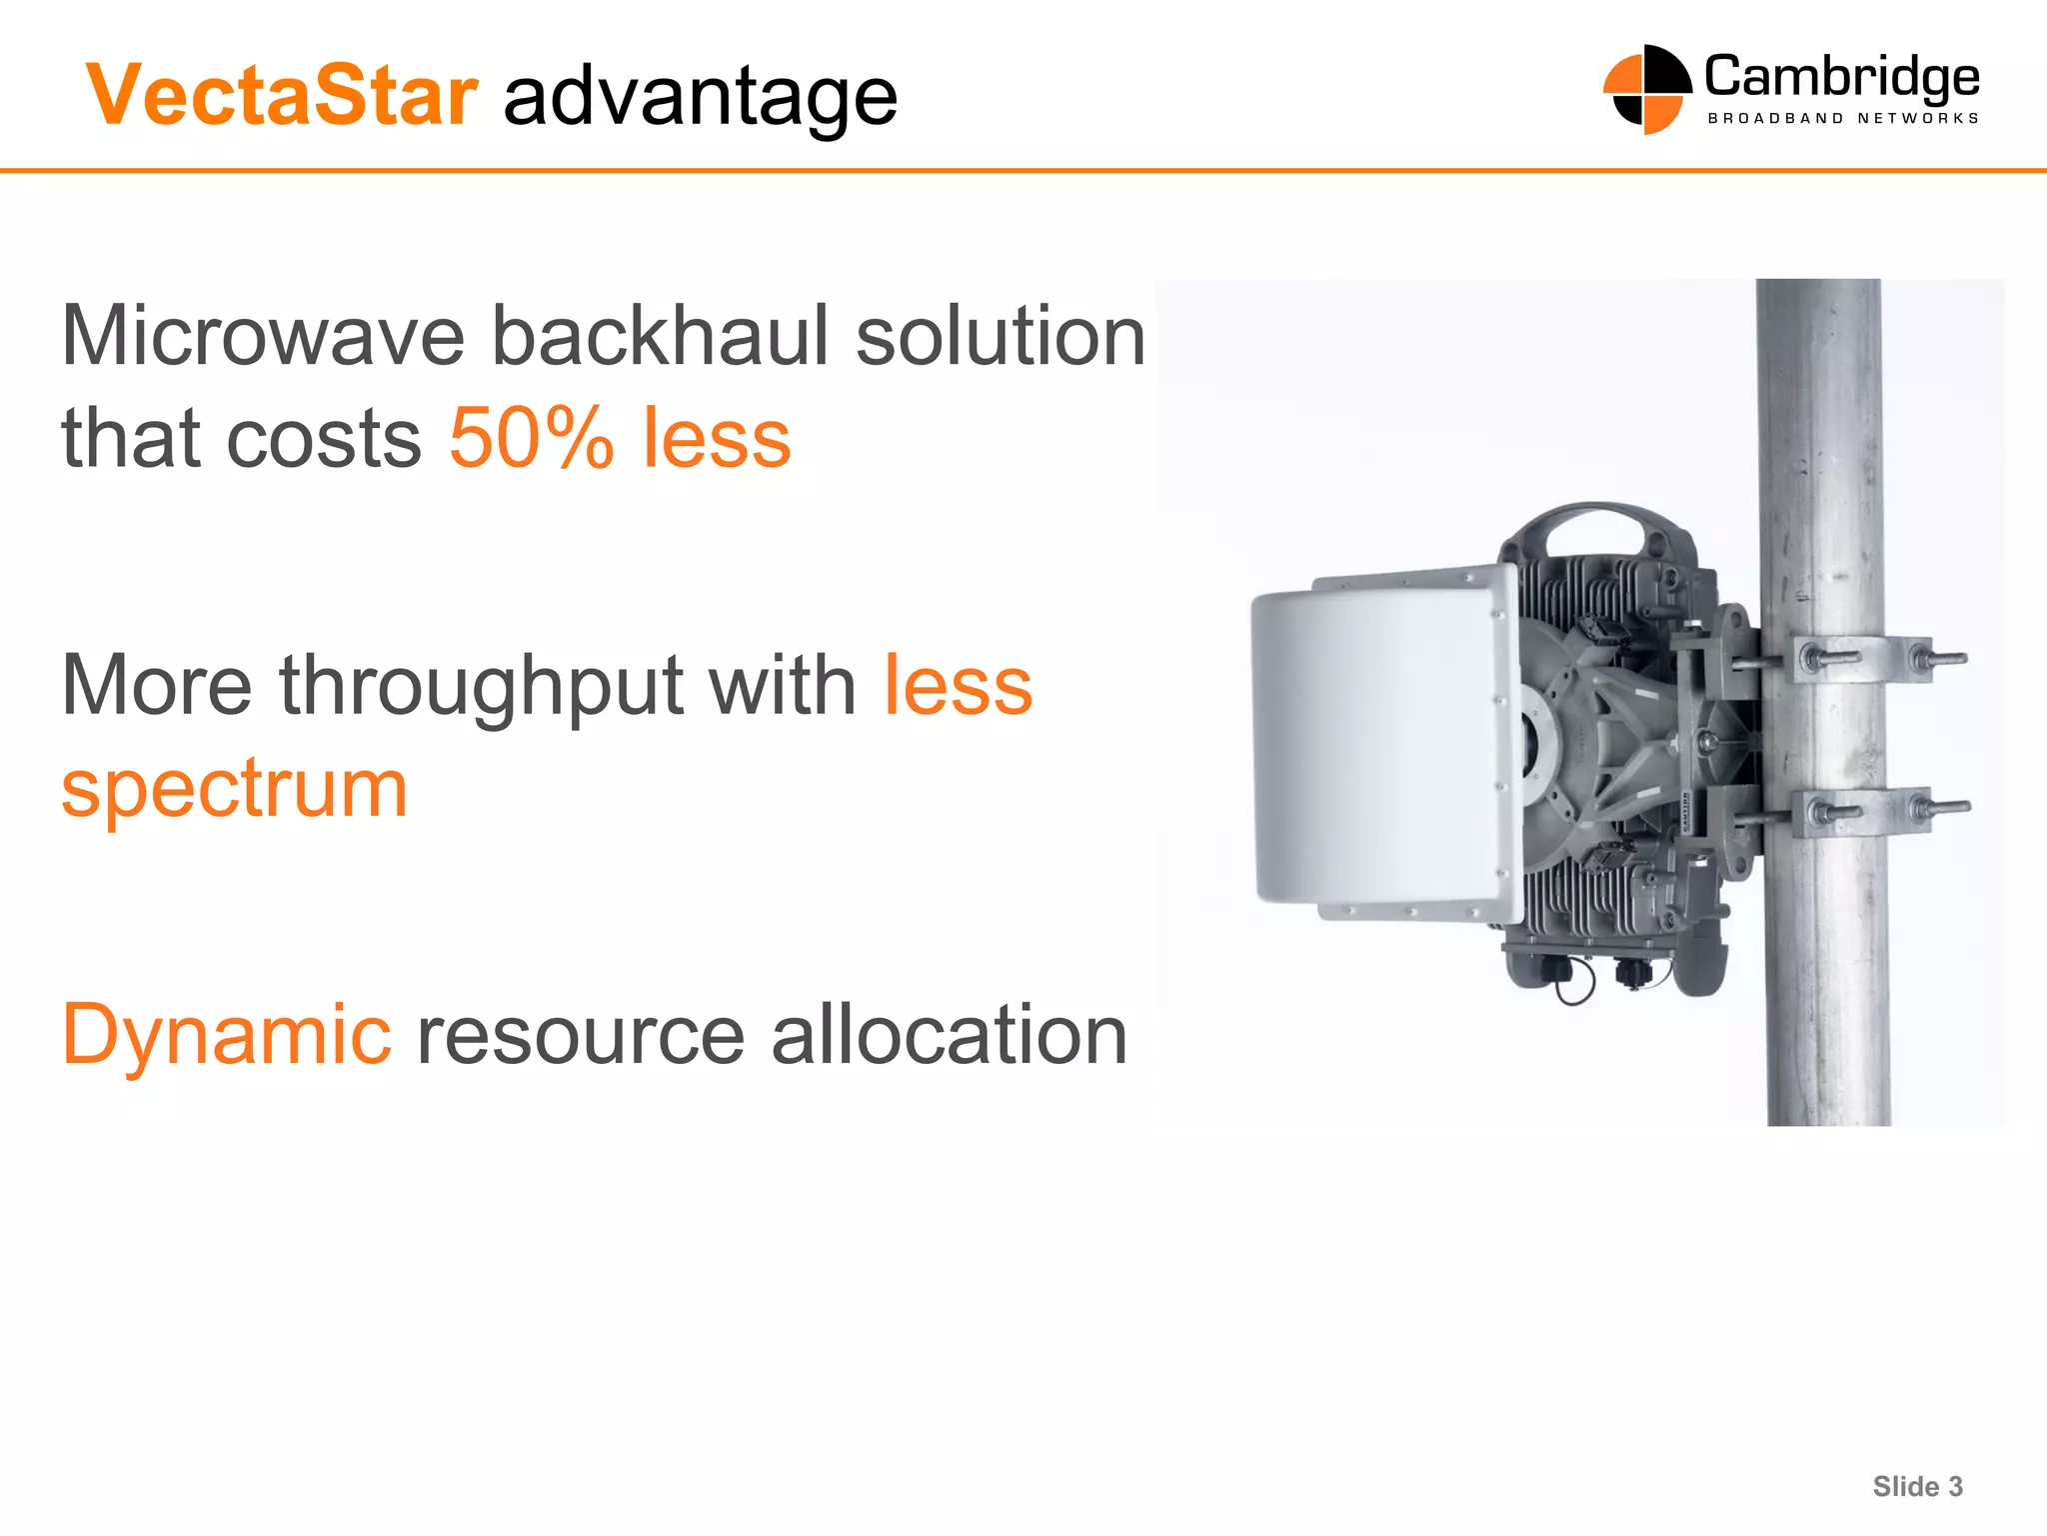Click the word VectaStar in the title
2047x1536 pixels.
(x=282, y=96)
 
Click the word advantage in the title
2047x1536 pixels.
(x=700, y=98)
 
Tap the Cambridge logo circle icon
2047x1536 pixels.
(x=1646, y=89)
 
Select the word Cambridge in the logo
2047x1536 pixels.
(x=1841, y=78)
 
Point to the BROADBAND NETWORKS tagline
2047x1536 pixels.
(x=1843, y=119)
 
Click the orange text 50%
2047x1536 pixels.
(x=531, y=438)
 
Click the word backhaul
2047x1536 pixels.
(x=661, y=336)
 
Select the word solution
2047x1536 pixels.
(x=1001, y=336)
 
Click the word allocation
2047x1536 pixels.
(x=950, y=1035)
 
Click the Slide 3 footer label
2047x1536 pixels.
(x=1917, y=1486)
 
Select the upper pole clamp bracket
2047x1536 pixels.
(x=1859, y=659)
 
